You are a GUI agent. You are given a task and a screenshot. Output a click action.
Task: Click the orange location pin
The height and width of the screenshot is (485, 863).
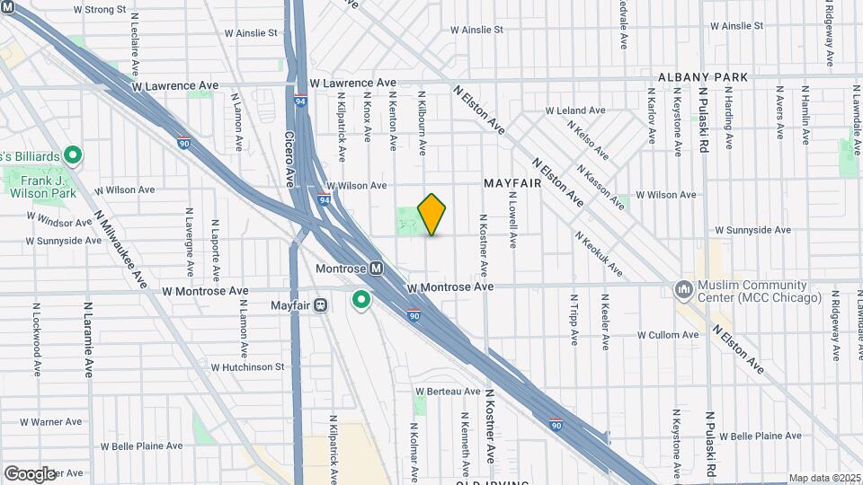432,214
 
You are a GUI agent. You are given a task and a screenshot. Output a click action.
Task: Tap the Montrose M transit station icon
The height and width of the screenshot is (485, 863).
377,269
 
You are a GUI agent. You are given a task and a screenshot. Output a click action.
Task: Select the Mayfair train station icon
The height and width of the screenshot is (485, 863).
321,305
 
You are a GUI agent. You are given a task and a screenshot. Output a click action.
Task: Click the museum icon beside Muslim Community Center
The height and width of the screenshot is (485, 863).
683,289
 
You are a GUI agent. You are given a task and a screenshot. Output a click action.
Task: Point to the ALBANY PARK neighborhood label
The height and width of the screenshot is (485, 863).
703,78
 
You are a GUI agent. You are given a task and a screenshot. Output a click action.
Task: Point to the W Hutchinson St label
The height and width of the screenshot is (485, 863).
247,366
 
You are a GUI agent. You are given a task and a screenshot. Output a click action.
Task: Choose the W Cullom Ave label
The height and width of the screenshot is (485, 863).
667,335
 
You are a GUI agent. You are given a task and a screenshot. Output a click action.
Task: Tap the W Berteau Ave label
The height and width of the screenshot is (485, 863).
448,391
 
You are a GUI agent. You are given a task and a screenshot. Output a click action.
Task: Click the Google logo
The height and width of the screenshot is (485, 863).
30,473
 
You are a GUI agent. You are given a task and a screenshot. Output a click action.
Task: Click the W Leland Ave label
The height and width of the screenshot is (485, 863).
577,110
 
